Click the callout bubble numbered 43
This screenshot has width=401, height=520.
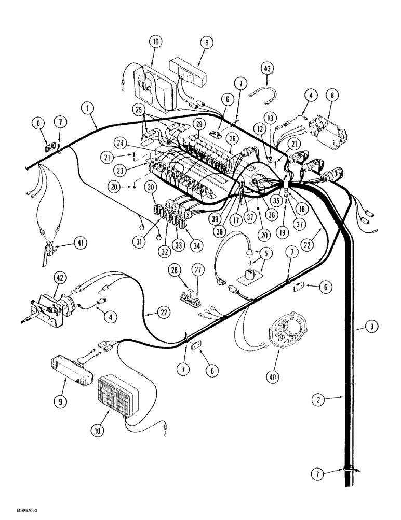pos(266,68)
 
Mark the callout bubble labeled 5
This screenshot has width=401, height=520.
pos(267,254)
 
